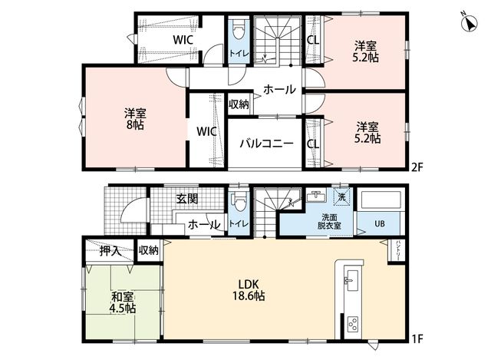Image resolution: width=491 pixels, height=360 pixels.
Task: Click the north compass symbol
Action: [470, 23]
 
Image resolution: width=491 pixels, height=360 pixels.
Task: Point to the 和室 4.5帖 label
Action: [122, 302]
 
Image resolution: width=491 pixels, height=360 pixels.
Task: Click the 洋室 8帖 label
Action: [135, 119]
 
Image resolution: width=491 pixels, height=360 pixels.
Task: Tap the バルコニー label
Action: [267, 144]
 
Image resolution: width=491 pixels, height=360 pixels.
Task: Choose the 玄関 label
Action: [187, 199]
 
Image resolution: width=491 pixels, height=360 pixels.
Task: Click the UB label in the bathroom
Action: [380, 224]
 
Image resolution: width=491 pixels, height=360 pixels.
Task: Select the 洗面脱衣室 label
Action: [329, 221]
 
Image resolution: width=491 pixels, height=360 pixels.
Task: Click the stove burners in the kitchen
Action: [353, 324]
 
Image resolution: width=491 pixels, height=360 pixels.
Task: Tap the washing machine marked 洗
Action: [342, 197]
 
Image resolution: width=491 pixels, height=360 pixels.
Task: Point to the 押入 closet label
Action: [110, 251]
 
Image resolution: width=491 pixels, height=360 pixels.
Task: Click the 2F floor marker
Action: [417, 167]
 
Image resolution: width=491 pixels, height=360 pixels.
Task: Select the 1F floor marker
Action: [417, 339]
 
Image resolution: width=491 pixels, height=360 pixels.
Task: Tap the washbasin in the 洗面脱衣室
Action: [315, 196]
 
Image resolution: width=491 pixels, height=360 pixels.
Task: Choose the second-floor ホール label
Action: [279, 89]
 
